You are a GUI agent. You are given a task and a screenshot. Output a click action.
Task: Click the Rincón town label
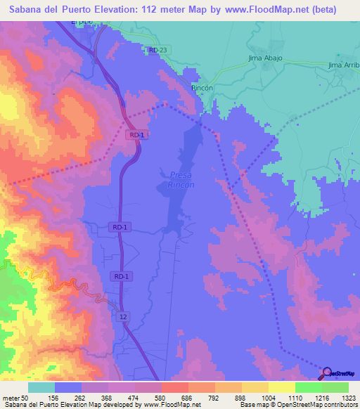(x=202, y=89)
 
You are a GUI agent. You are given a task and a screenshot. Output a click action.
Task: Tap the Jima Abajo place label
(x=265, y=58)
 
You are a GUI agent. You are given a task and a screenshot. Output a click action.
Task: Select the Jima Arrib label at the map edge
(x=343, y=65)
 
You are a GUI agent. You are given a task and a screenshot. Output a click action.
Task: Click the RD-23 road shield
(x=158, y=50)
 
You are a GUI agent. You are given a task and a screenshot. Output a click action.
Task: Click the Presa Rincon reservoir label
(x=181, y=179)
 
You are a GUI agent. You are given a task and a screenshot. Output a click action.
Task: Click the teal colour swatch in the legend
(x=41, y=387)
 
